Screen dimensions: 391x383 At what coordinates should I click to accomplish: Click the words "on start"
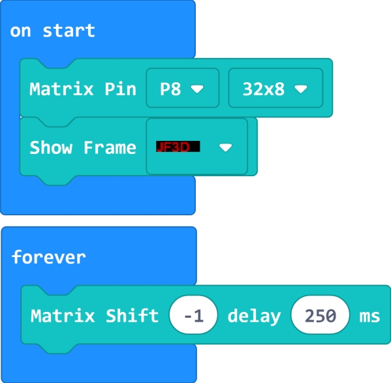click(53, 31)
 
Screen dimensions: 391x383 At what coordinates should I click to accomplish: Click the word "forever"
click(49, 257)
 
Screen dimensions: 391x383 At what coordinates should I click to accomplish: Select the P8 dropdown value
click(170, 89)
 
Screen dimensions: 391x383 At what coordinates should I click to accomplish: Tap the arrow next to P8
click(197, 89)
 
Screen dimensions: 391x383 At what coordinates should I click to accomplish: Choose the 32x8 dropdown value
click(264, 89)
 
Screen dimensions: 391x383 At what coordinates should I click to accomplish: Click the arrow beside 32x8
click(301, 89)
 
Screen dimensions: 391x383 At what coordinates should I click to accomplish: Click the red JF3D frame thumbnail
click(178, 147)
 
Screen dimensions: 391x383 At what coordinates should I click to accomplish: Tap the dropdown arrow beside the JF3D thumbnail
click(226, 147)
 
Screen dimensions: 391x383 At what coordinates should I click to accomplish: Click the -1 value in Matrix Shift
click(193, 315)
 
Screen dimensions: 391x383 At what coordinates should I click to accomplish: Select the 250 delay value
click(321, 315)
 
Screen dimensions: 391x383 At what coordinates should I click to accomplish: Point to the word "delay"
click(255, 316)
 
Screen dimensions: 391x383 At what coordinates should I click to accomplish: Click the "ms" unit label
click(370, 316)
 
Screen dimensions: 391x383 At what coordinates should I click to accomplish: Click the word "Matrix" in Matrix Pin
click(61, 89)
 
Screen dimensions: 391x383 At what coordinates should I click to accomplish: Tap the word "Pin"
click(121, 89)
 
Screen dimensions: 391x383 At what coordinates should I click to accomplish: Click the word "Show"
click(51, 147)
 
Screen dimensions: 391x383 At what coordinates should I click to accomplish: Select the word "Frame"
click(110, 147)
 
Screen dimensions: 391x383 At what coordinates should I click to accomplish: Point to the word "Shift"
click(133, 316)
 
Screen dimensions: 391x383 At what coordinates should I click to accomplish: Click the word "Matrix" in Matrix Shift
click(63, 316)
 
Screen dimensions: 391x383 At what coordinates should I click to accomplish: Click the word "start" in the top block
click(69, 31)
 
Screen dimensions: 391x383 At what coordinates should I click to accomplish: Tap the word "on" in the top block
click(20, 32)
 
